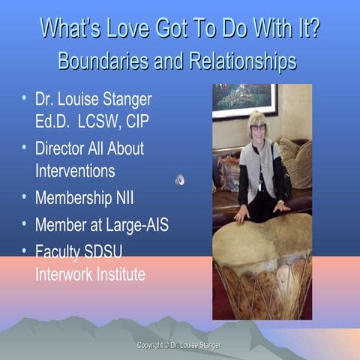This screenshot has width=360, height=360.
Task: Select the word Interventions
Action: (x=75, y=170)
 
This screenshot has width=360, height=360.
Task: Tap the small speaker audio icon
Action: (x=179, y=179)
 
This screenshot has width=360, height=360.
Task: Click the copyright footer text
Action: (x=178, y=345)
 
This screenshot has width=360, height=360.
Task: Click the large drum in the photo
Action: (x=262, y=262)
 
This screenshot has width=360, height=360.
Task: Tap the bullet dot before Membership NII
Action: (x=25, y=198)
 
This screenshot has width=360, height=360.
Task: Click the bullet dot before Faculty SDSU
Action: (x=25, y=250)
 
